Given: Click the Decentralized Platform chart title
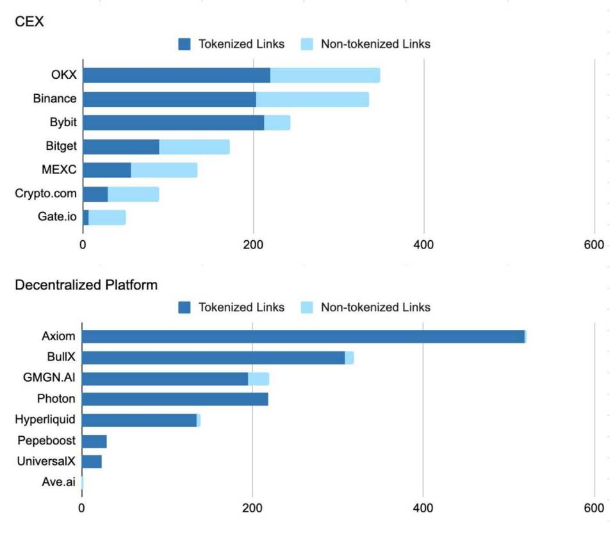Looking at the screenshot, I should click(86, 285).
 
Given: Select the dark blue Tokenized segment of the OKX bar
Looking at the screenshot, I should click(176, 75).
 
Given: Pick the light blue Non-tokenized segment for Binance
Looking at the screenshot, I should click(312, 99).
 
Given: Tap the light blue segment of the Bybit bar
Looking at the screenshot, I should click(277, 122).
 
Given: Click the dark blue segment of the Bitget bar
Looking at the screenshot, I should click(121, 147).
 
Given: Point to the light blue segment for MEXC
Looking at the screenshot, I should click(164, 170).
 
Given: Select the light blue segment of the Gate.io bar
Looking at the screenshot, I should click(107, 217).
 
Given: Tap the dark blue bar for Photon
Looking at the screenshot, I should click(175, 399).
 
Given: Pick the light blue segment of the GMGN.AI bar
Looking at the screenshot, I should click(258, 379).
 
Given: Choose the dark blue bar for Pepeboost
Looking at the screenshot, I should click(94, 441).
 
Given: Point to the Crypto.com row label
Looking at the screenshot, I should click(45, 193).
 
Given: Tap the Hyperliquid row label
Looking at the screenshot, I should click(45, 420).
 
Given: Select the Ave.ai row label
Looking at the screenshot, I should click(58, 482).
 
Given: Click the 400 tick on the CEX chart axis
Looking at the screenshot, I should click(424, 245).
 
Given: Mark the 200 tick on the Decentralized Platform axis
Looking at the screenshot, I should click(252, 508).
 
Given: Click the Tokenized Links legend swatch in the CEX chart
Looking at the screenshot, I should click(185, 44).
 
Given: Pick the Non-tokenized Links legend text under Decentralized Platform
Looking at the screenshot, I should click(375, 307).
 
